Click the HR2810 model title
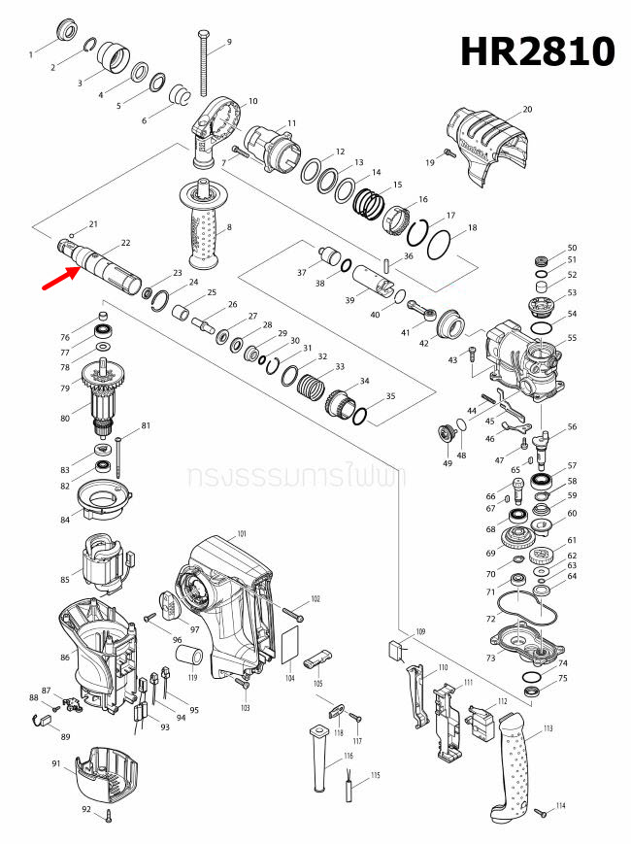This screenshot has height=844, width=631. [537, 50]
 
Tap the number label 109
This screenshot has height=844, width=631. [420, 632]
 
